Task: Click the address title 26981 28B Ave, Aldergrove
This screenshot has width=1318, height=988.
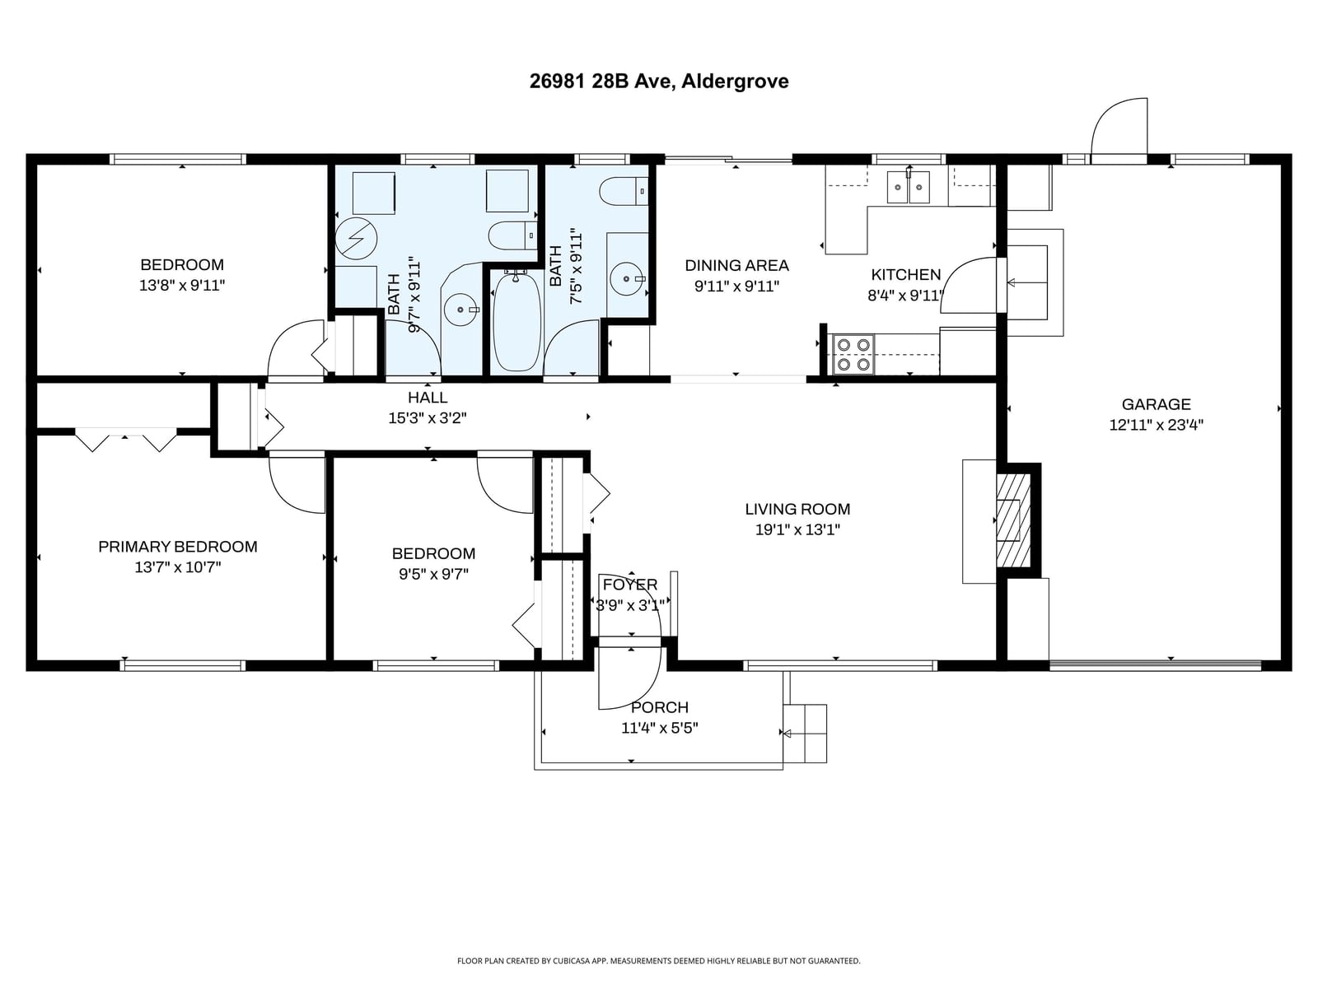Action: pos(659,81)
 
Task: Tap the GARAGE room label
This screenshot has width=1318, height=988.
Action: pos(1156,404)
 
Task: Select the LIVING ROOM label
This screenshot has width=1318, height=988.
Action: pos(797,510)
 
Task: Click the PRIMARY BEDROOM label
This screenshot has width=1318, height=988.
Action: pos(178,547)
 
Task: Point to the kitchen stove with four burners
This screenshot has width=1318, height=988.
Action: pos(853,355)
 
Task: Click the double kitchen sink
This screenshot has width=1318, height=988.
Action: pos(908,187)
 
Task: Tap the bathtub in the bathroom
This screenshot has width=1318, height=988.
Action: pos(516,322)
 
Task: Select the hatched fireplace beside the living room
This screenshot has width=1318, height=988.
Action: pos(1013,520)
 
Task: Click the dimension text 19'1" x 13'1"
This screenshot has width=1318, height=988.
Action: pos(797,529)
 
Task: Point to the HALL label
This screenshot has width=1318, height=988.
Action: pos(428,397)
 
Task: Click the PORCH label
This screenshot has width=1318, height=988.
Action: pos(659,707)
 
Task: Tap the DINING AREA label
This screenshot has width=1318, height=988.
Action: pos(736,265)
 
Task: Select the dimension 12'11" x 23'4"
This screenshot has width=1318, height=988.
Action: pos(1156,425)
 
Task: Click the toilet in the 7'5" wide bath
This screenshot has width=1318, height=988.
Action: pos(624,191)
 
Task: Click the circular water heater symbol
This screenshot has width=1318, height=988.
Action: pos(356,239)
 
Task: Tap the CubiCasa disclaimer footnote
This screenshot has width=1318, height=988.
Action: pos(659,961)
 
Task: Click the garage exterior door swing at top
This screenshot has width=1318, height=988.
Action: pos(1119,130)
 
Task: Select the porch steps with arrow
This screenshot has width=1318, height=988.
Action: pos(805,733)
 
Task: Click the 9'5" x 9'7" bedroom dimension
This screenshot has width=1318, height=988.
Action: pos(433,574)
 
